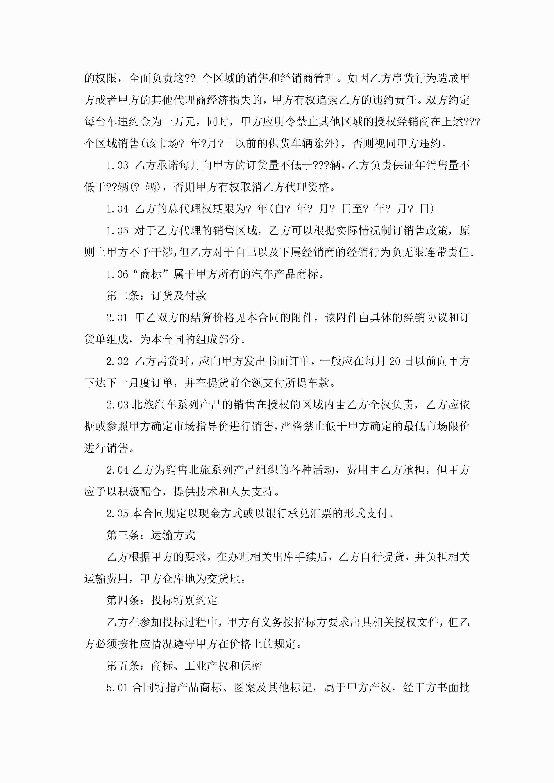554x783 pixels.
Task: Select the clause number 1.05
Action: (x=117, y=231)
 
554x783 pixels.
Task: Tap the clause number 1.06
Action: (x=117, y=274)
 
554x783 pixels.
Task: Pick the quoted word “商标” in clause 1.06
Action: (x=150, y=274)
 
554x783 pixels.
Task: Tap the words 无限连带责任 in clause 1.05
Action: (x=436, y=252)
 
